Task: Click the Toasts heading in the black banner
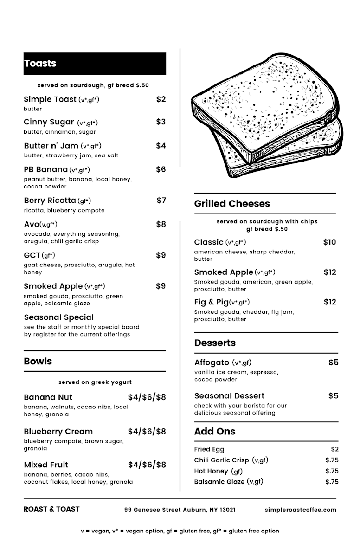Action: pyautogui.click(x=40, y=64)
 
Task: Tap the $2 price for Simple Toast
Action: pyautogui.click(x=161, y=99)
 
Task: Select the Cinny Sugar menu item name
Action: pyautogui.click(x=49, y=122)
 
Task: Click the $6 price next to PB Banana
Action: pyautogui.click(x=161, y=169)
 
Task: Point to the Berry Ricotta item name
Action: pyautogui.click(x=50, y=201)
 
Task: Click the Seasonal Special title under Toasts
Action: pyautogui.click(x=58, y=317)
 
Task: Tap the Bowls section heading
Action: pyautogui.click(x=38, y=361)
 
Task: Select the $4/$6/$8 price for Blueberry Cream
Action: pyautogui.click(x=147, y=431)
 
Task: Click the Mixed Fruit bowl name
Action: pyautogui.click(x=46, y=465)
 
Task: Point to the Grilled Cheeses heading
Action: pyautogui.click(x=232, y=203)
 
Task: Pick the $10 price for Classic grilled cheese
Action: pyautogui.click(x=329, y=242)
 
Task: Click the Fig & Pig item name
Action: pyautogui.click(x=211, y=302)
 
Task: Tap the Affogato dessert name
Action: pyautogui.click(x=212, y=363)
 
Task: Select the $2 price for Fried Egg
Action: pyautogui.click(x=334, y=449)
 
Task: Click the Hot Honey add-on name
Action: pyautogui.click(x=211, y=471)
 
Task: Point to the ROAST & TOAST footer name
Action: pyautogui.click(x=51, y=509)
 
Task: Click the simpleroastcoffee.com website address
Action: pyautogui.click(x=300, y=510)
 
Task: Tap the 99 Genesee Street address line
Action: pyautogui.click(x=180, y=510)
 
